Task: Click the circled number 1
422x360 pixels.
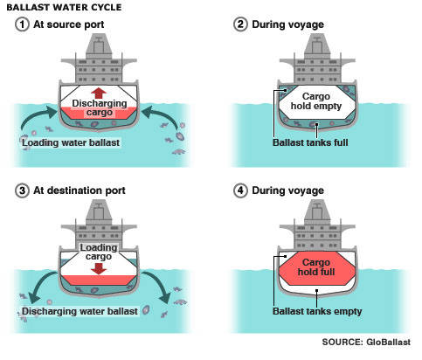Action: pos(22,24)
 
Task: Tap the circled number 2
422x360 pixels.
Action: pos(240,24)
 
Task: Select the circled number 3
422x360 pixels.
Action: pos(22,190)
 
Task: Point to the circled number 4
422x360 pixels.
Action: pos(240,190)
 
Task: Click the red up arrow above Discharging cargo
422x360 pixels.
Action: pos(99,93)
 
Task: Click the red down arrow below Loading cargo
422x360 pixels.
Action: pos(99,268)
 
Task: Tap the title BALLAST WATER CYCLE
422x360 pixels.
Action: pos(64,7)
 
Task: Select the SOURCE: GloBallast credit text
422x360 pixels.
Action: pos(366,342)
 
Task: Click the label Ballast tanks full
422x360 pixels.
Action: pos(310,142)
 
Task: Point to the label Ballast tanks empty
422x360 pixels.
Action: pos(317,311)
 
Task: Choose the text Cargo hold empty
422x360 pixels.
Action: pos(316,101)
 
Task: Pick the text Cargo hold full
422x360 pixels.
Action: pos(316,267)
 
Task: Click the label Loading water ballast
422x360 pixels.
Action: pos(71,142)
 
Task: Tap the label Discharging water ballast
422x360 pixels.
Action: pos(80,311)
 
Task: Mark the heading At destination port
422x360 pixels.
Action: pos(80,190)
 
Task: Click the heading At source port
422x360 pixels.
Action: pos(69,24)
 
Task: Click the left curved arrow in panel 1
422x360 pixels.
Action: pos(32,115)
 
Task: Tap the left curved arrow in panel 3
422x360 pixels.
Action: pos(41,284)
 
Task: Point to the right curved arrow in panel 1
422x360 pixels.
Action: pos(164,115)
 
